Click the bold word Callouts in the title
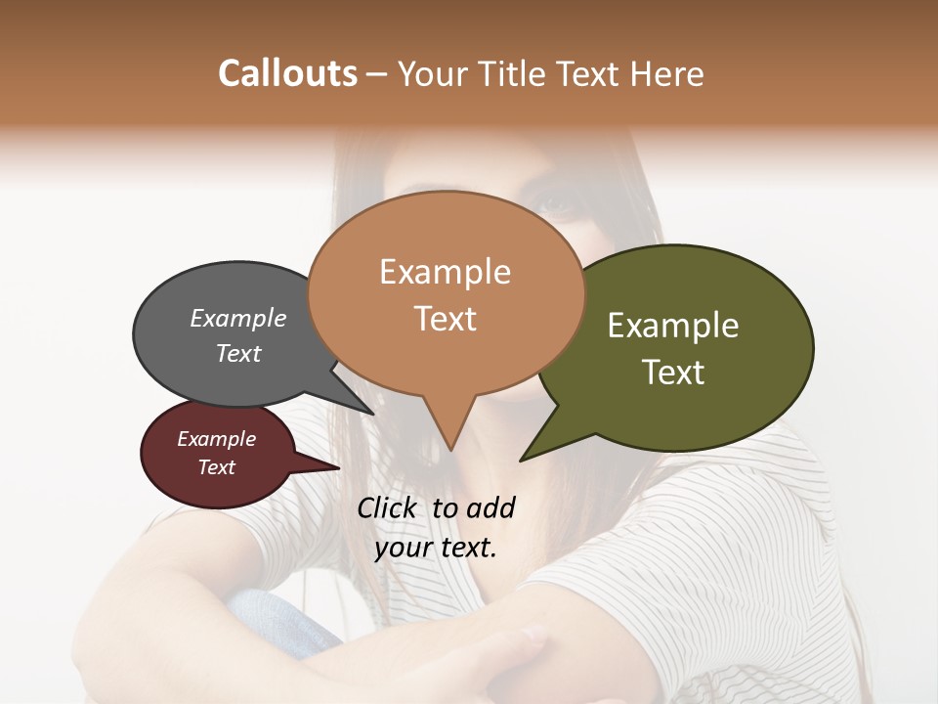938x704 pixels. [287, 73]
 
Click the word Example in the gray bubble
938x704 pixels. [238, 319]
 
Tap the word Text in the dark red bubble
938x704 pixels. [217, 467]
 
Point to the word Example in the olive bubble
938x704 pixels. [673, 326]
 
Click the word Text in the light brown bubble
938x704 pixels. [446, 319]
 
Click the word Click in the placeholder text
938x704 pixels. [389, 507]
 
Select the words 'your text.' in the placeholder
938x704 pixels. [436, 547]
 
